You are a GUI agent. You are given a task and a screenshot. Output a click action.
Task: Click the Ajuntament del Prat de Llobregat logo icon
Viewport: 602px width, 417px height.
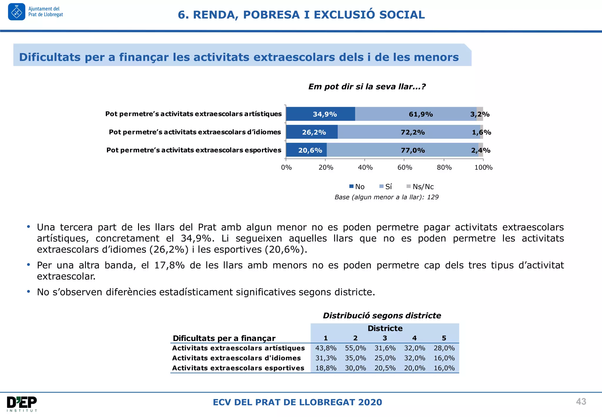16,12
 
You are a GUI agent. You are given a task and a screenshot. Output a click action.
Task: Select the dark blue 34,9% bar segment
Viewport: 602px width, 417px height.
320,114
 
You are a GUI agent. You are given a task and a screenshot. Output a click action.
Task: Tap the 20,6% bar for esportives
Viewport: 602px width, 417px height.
306,150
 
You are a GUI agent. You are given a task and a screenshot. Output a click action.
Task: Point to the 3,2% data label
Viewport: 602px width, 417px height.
480,114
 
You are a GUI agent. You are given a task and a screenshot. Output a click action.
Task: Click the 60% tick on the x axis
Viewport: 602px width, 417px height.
404,167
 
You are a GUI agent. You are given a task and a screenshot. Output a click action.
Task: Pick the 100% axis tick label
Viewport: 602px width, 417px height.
483,167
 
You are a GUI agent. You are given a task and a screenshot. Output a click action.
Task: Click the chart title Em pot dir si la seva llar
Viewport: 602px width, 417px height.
367,87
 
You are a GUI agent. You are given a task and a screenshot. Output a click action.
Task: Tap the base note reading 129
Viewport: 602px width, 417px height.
433,197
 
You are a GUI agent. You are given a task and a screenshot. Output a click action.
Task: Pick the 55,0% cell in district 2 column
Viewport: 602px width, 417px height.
355,348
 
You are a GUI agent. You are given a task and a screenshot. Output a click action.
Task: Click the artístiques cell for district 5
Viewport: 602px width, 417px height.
444,348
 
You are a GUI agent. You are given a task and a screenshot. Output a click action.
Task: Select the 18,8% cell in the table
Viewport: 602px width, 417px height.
326,368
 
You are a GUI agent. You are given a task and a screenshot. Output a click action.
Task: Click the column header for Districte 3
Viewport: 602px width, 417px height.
385,338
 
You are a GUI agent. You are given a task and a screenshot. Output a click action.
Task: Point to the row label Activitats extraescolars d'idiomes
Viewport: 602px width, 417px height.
236,358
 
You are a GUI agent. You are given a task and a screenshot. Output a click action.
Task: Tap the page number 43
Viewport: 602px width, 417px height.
581,401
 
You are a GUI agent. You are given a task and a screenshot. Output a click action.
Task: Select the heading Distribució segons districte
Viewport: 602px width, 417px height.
382,316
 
